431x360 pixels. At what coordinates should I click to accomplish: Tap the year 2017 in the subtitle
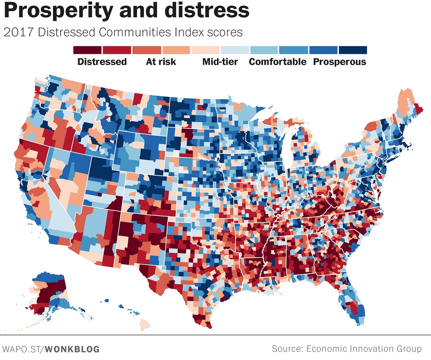pos(18,32)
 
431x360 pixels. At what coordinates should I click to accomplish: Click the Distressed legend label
pos(102,62)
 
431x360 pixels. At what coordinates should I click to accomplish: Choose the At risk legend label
pos(161,62)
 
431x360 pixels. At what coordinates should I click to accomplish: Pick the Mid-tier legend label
pos(220,62)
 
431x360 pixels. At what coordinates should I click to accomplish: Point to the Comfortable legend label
pos(277,62)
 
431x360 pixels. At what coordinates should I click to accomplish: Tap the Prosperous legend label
pos(340,62)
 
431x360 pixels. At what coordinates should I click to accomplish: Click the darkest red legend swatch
pos(87,50)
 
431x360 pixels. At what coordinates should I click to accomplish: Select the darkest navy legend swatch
pos(353,50)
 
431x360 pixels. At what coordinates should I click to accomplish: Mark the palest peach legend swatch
pos(205,50)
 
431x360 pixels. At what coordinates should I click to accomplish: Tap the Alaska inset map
pos(51,293)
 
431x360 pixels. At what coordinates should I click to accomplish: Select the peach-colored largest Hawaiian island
pos(145,324)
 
